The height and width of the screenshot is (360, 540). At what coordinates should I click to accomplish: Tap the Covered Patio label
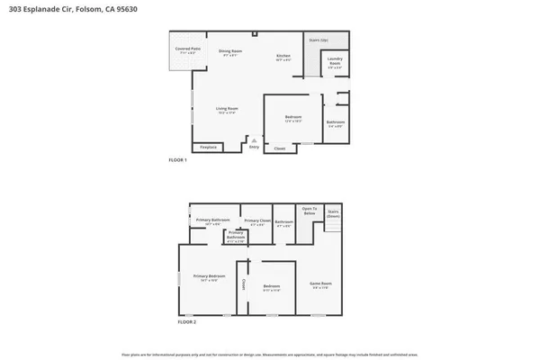pos(187,51)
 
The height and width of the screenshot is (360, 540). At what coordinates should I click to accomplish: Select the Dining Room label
pos(230,52)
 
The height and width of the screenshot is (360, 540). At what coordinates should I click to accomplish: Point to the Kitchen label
pos(283,58)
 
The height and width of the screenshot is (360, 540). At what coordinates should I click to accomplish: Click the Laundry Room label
pos(334,64)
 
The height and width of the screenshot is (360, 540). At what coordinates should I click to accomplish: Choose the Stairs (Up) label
pos(318,40)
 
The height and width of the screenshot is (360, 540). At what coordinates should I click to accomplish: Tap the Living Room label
pos(226,110)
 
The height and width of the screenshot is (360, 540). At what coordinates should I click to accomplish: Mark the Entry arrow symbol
pos(254,140)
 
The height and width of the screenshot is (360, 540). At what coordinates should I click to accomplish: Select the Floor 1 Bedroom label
pos(292,118)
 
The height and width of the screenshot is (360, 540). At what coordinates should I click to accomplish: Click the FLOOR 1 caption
pos(177,160)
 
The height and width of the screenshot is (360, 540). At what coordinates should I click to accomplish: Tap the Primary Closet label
pos(256,221)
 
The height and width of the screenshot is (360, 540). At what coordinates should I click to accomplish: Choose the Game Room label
pos(320,283)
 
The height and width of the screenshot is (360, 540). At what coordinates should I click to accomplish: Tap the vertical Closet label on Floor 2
pos(243,284)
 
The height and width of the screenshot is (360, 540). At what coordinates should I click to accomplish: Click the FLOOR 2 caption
pos(186,321)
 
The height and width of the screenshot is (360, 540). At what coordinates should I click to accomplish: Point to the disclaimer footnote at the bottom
pos(270,354)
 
